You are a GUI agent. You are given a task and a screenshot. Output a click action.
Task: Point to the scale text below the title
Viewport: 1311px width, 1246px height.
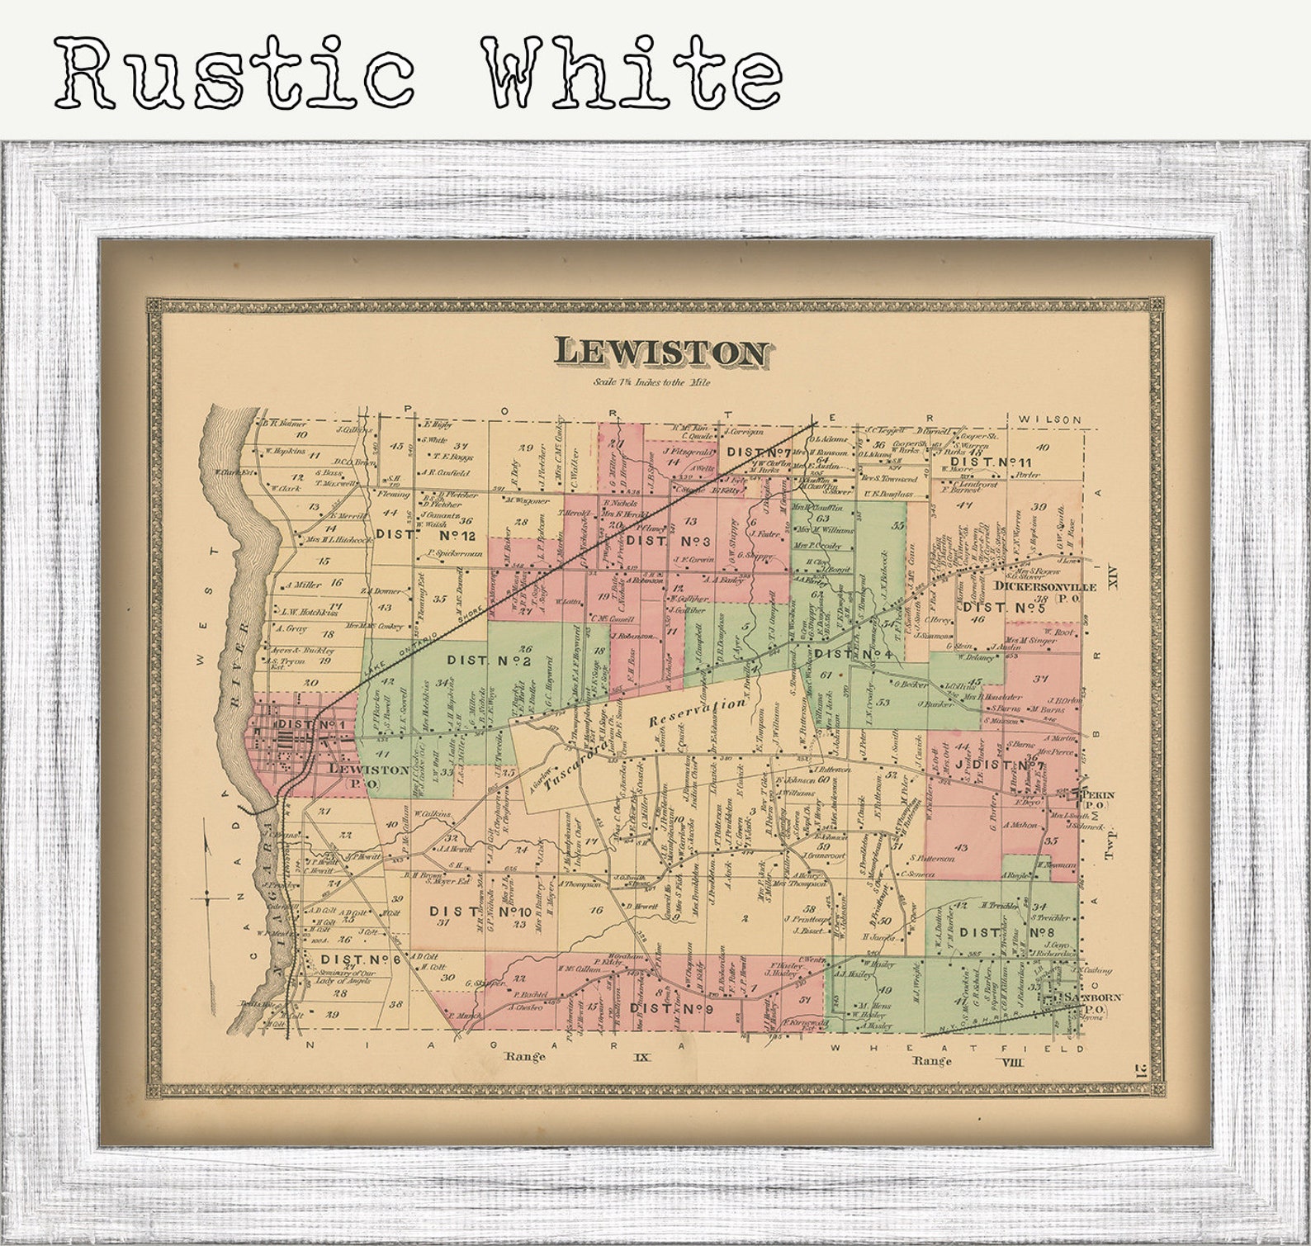(651, 382)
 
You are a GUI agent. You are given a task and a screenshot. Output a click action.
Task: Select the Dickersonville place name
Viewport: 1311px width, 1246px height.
(1045, 586)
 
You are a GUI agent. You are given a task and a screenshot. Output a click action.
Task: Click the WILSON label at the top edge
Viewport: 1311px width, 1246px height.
(1049, 419)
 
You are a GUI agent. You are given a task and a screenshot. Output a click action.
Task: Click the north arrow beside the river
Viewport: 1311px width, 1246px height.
(206, 895)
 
